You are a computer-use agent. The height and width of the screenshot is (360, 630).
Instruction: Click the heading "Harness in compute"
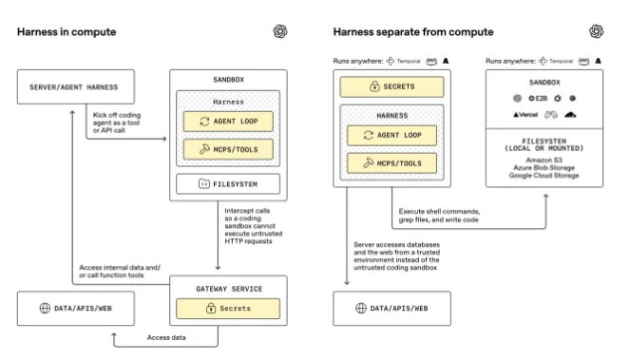67,32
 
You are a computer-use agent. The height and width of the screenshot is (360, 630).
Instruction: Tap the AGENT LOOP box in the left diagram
226,121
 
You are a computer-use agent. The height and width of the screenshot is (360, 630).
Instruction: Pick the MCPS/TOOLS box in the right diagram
391,163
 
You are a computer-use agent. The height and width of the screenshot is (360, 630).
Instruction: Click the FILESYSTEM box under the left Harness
226,183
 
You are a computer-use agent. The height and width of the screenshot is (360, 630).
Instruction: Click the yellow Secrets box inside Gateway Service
226,308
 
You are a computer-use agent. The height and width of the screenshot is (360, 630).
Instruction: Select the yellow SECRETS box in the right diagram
391,87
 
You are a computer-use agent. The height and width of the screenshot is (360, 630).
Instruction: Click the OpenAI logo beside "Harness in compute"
279,31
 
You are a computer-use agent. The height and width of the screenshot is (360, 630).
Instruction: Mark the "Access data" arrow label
167,337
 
